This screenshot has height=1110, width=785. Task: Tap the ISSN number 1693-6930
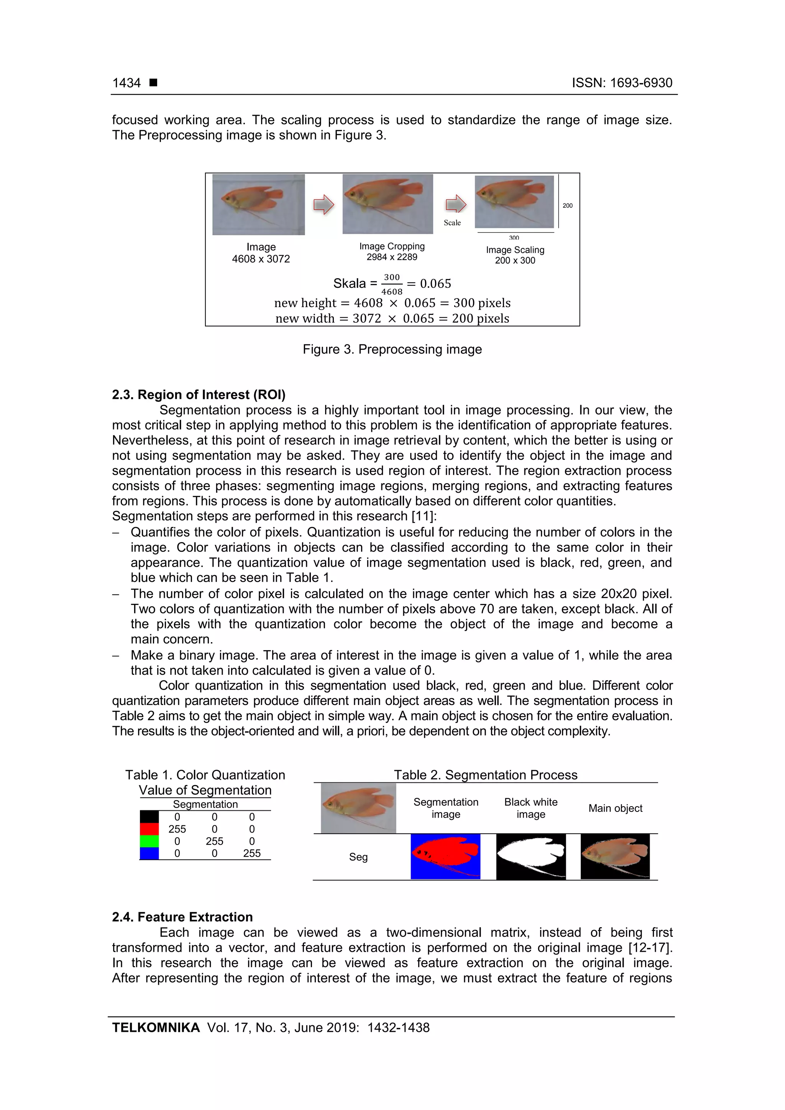pos(641,83)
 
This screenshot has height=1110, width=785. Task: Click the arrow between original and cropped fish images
pos(324,205)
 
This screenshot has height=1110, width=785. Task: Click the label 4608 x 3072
pos(261,259)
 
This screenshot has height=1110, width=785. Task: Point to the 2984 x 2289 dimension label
pos(392,257)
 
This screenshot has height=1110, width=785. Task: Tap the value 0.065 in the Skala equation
pos(435,284)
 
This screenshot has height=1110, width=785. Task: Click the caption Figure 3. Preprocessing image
pos(392,349)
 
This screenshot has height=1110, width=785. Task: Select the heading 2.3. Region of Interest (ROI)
pos(199,395)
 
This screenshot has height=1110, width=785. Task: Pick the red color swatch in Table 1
pos(149,829)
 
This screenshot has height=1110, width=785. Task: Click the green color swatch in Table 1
pos(149,841)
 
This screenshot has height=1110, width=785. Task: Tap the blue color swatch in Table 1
pos(149,853)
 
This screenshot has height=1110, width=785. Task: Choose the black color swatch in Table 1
pos(149,817)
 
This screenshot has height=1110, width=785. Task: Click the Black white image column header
pos(530,808)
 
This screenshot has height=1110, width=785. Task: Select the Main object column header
pos(615,808)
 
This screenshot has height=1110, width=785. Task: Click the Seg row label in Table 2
pos(358,857)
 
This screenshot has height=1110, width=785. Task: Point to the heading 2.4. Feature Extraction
pos(182,917)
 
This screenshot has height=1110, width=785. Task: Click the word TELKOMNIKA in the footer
pos(156,1028)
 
